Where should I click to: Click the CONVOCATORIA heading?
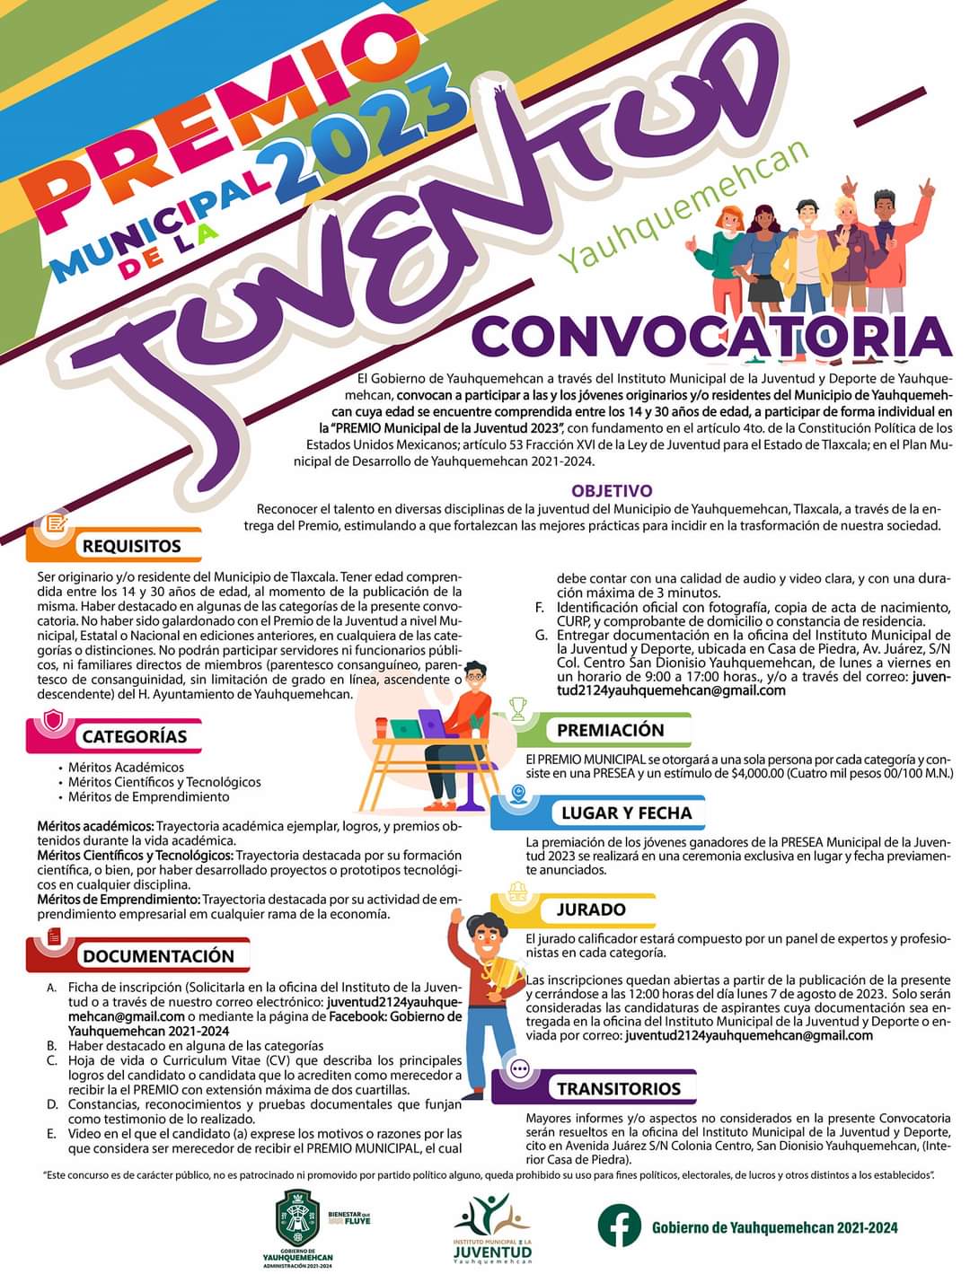710,335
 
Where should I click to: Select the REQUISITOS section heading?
131,546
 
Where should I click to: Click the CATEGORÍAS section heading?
135,736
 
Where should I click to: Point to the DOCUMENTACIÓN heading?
158,956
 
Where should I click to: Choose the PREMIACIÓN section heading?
611,730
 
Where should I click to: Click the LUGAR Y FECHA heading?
626,813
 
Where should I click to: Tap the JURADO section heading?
590,909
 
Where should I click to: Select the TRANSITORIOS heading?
619,1089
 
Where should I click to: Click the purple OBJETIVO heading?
612,491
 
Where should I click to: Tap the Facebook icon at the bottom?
620,1226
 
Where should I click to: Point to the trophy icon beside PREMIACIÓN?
518,710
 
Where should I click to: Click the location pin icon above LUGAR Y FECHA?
518,793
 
